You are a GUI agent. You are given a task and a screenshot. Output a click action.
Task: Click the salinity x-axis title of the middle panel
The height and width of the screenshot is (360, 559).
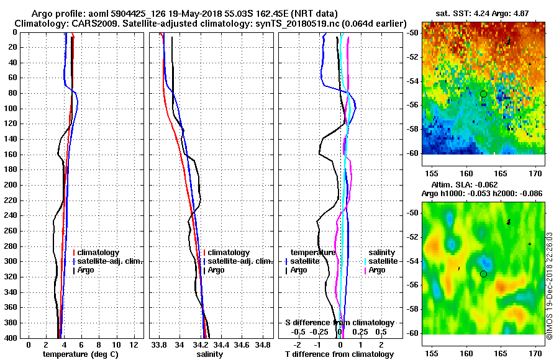(209, 354)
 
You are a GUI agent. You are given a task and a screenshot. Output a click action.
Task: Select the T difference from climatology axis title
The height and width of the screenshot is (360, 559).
(339, 354)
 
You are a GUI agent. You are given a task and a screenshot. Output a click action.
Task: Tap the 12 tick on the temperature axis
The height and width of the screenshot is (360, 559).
(134, 344)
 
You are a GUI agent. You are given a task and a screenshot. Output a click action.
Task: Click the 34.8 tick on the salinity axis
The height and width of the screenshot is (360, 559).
(263, 344)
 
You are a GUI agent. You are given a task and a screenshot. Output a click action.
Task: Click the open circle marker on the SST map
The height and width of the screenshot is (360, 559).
(483, 94)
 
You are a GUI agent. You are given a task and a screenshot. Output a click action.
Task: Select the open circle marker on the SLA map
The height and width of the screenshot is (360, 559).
(483, 274)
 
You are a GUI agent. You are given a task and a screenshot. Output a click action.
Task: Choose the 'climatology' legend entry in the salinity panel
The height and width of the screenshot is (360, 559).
(229, 253)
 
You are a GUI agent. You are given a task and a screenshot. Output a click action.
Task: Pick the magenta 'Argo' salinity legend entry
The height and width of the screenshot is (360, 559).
(377, 270)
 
